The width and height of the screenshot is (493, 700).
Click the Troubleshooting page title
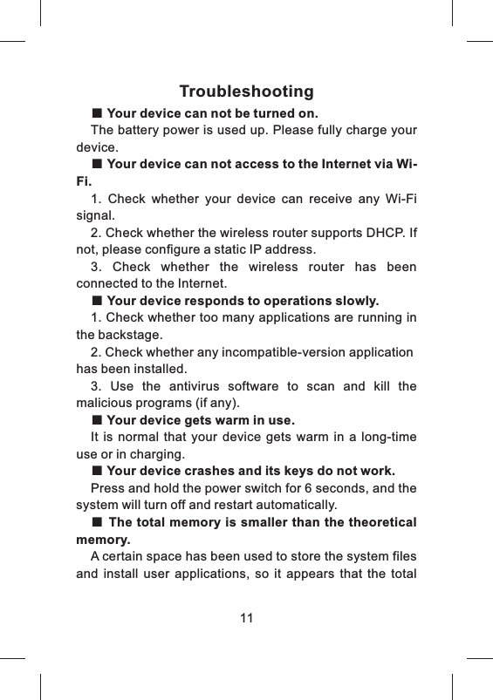(246, 92)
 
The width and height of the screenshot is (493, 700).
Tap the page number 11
(246, 618)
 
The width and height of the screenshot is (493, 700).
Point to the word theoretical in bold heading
(375, 523)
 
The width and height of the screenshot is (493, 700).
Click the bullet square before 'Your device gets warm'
(97, 420)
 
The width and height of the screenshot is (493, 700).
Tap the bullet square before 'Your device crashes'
(97, 472)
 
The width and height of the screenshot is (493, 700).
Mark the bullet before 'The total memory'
(97, 523)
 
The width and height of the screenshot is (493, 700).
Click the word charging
(158, 454)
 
